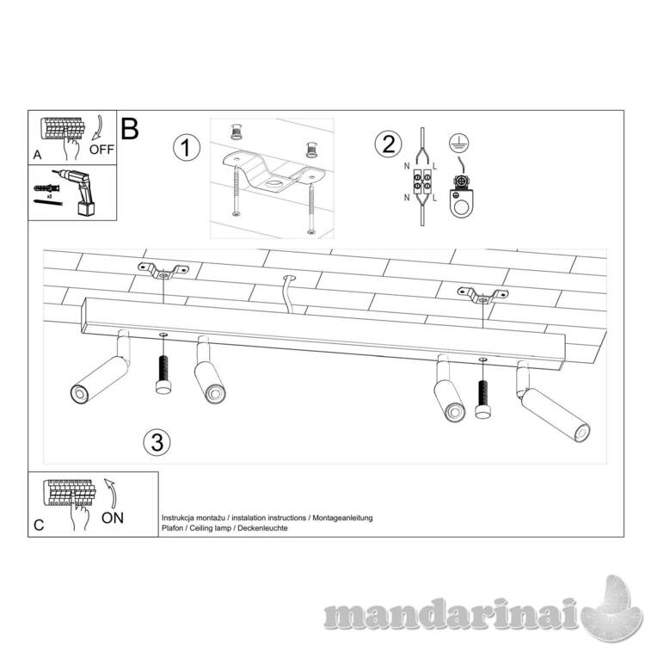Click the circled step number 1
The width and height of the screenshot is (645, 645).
tap(187, 148)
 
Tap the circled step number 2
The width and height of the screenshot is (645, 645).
tap(388, 144)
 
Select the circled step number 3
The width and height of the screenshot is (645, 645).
tap(157, 443)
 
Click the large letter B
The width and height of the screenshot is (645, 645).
tap(130, 129)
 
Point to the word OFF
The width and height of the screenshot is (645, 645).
tap(101, 150)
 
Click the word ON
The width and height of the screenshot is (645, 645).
tap(113, 518)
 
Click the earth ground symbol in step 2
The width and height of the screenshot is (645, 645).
tap(459, 144)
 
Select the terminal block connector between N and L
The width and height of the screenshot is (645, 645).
tap(422, 182)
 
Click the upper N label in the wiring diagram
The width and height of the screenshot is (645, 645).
tap(407, 166)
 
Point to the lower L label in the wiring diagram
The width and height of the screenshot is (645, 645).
tap(435, 199)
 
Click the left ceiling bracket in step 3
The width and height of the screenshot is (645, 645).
tap(163, 270)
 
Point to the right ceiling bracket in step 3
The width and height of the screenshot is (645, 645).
tap(483, 296)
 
